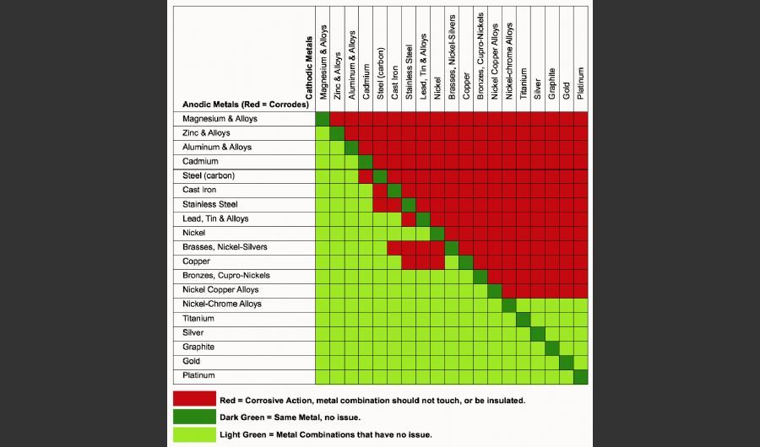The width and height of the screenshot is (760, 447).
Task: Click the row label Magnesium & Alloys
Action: [x=220, y=119]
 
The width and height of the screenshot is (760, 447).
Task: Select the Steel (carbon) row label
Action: [x=209, y=175]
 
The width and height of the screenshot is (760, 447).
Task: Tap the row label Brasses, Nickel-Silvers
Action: [x=221, y=247]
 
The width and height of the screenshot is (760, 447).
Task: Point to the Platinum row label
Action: [x=199, y=375]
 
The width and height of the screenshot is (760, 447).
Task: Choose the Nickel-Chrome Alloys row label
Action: [x=222, y=304]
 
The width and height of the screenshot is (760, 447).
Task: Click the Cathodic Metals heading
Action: [x=309, y=67]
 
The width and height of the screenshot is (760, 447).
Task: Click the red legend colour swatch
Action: [x=194, y=399]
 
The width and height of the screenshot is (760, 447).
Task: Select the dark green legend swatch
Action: [x=194, y=417]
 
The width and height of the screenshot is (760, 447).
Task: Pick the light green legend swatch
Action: [x=194, y=434]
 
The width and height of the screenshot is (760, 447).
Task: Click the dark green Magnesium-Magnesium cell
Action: [x=323, y=119]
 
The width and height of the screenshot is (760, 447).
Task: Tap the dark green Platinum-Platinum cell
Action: [x=581, y=375]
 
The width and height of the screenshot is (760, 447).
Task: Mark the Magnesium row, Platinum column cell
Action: [x=581, y=119]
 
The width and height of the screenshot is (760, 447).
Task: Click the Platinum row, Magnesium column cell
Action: [x=323, y=375]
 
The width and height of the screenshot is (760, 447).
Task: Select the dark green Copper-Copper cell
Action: [x=466, y=261]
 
